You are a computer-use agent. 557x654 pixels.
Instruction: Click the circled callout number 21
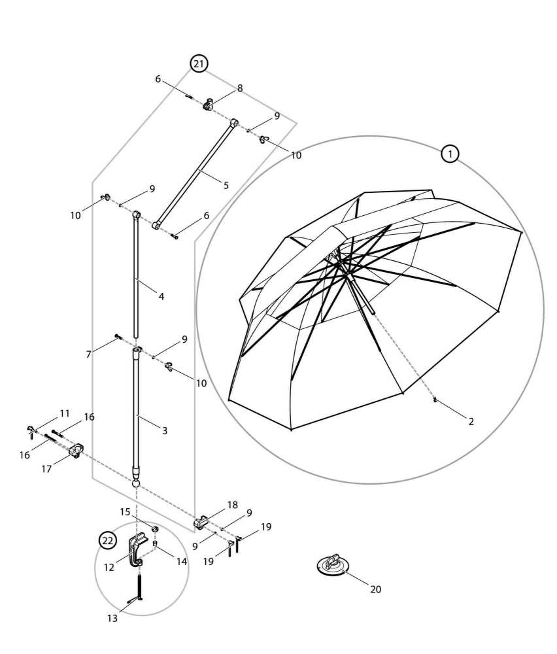coord(199,63)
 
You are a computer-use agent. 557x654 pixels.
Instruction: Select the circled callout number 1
coord(450,154)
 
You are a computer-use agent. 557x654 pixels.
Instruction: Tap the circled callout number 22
coord(107,540)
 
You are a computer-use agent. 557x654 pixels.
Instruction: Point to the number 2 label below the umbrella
coord(471,421)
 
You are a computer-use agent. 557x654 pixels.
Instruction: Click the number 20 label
coord(375,589)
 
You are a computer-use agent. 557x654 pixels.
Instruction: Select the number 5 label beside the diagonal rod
coord(226,185)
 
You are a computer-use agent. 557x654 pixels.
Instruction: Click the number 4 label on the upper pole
coord(161,296)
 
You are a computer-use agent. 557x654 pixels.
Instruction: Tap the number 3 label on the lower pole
coord(164,431)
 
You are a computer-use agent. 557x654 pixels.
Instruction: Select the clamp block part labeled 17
coord(76,451)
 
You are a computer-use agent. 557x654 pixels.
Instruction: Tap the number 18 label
coord(232,505)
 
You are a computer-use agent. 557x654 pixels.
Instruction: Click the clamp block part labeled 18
coord(201,522)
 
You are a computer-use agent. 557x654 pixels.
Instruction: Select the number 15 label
coord(124,511)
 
